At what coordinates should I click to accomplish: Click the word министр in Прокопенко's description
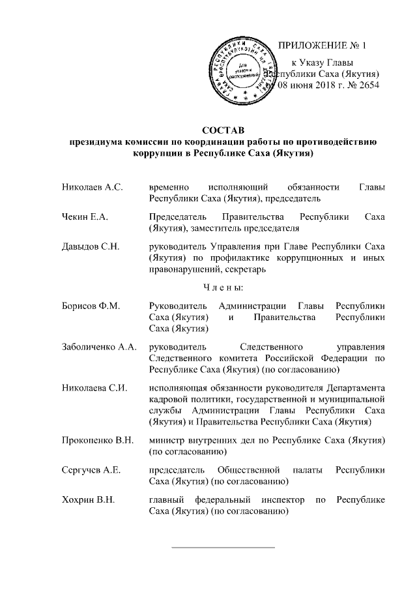(x=167, y=441)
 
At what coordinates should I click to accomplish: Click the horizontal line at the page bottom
(x=223, y=547)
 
